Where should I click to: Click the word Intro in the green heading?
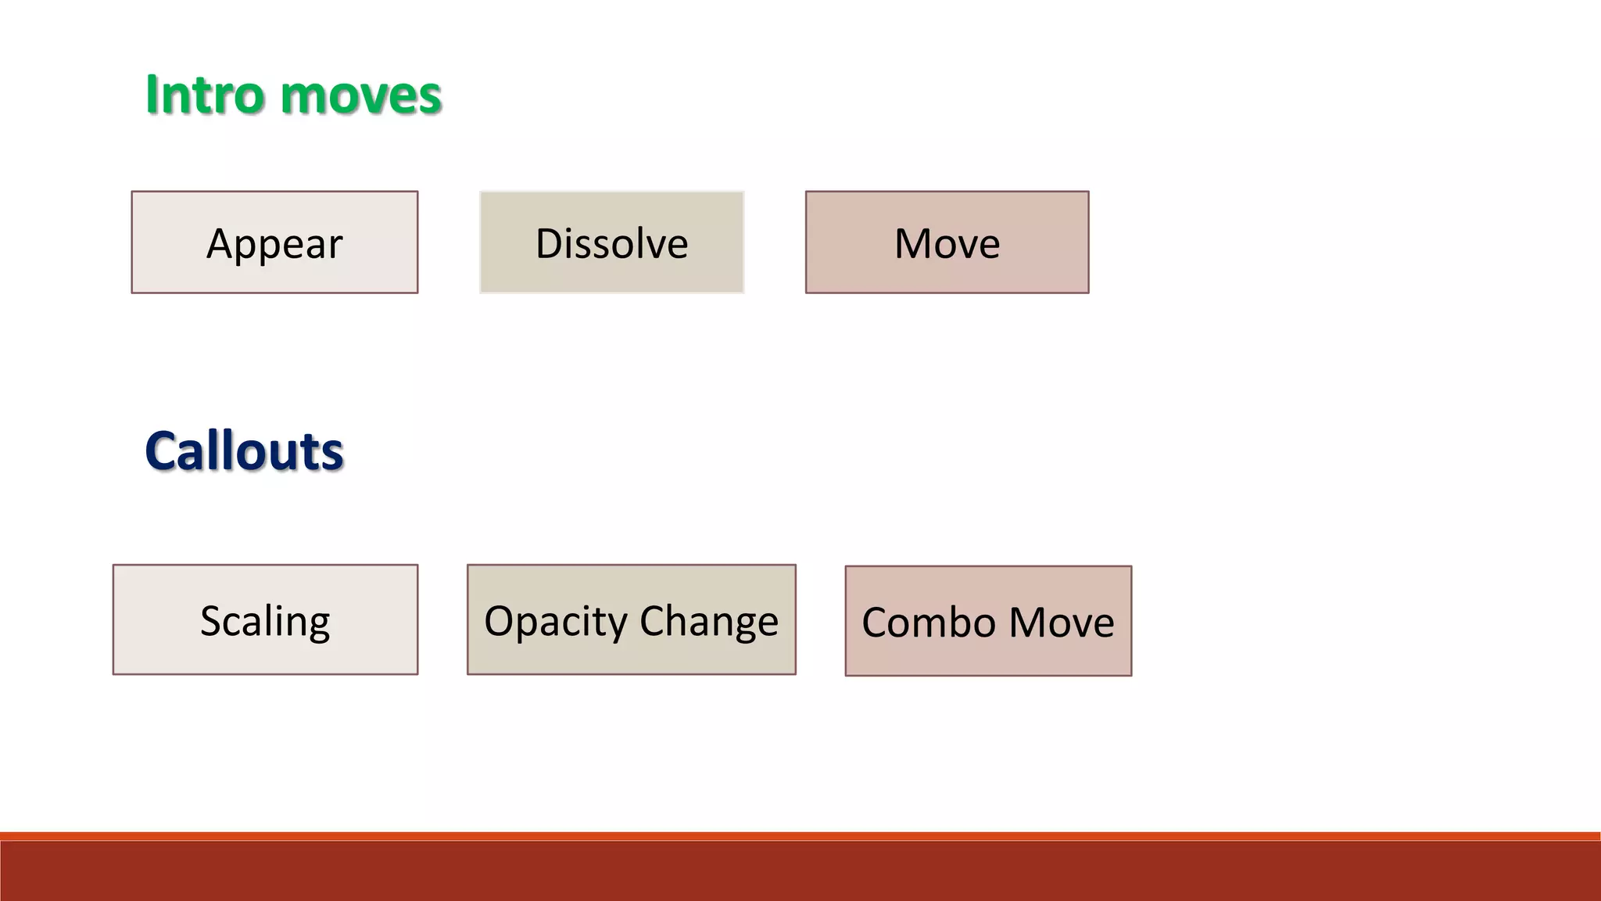click(x=205, y=95)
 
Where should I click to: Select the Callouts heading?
click(x=244, y=451)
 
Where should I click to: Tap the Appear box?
click(x=274, y=242)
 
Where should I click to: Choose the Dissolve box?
click(x=611, y=242)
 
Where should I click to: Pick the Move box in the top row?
click(x=947, y=242)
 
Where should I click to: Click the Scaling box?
click(x=265, y=619)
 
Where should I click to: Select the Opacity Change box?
click(x=631, y=619)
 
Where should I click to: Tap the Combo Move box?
click(x=988, y=621)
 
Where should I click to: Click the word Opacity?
click(x=556, y=622)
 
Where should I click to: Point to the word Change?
click(x=709, y=622)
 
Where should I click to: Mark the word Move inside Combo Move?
click(x=1062, y=623)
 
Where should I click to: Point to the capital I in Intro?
click(x=152, y=95)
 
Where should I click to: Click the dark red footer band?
click(x=800, y=872)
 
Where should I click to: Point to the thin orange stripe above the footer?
click(x=800, y=836)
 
